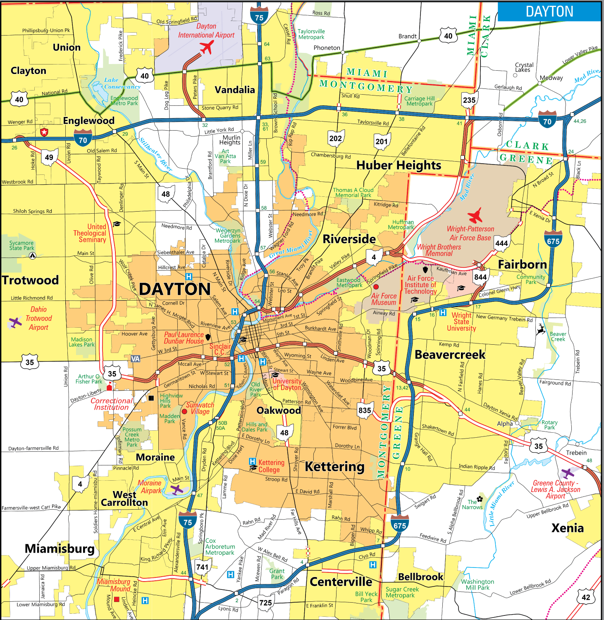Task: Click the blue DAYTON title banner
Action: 549,12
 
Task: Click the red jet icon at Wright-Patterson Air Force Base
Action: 475,215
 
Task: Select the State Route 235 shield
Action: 469,100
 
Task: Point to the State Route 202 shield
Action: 335,139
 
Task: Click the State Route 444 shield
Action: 501,243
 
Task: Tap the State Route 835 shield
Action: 365,410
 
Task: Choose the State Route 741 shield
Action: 202,567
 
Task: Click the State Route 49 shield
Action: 49,157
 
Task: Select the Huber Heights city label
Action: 399,165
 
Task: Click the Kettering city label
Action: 334,467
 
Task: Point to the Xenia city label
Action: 567,528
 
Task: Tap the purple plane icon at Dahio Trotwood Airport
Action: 15,322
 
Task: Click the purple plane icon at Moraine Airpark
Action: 177,490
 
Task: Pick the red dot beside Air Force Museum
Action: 376,286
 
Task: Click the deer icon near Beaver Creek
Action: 540,329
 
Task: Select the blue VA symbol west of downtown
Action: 135,359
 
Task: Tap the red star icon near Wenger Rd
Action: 44,132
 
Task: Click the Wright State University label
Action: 461,322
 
